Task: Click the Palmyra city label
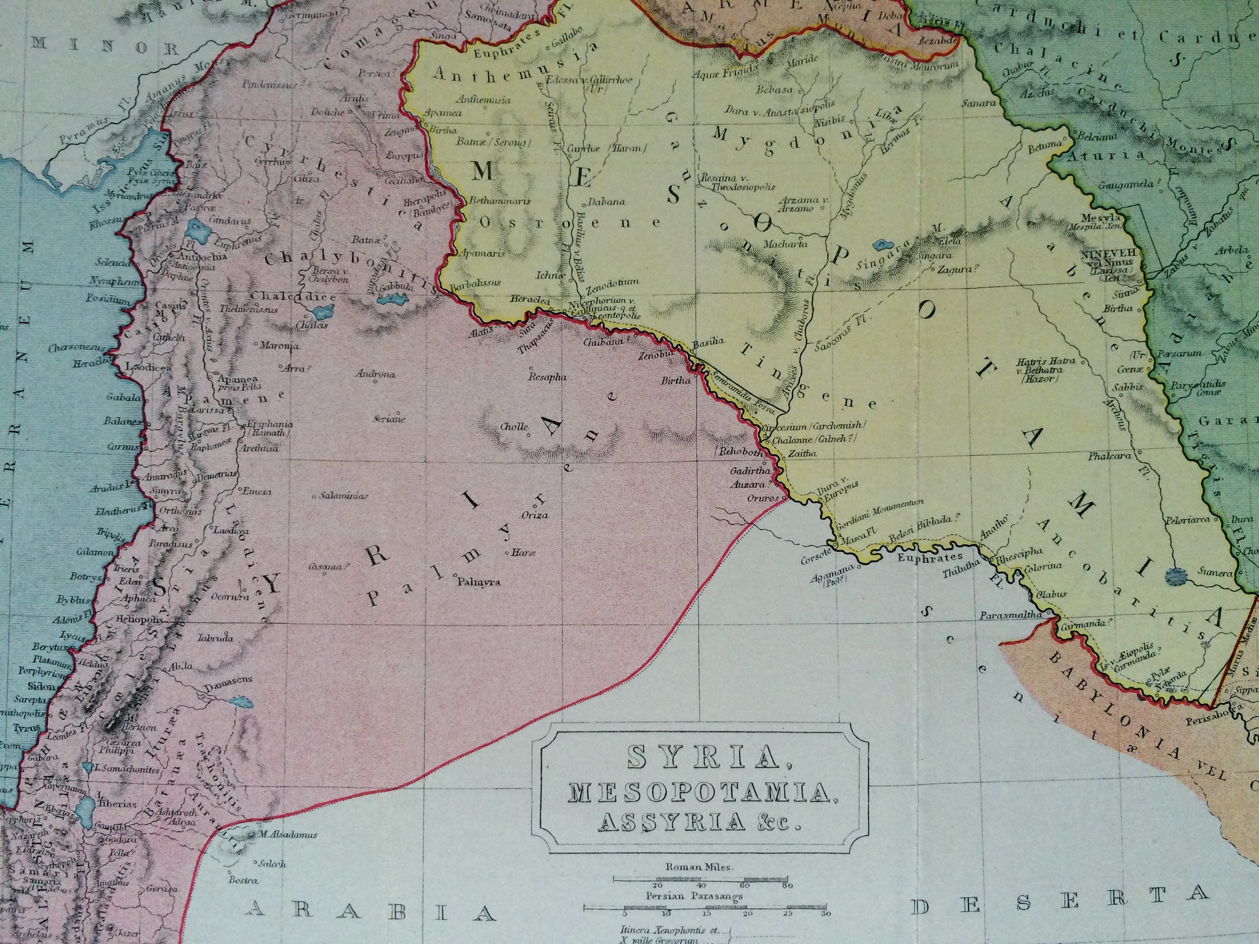point(479,582)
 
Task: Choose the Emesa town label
point(257,492)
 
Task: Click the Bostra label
point(243,880)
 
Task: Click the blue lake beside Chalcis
point(323,312)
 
